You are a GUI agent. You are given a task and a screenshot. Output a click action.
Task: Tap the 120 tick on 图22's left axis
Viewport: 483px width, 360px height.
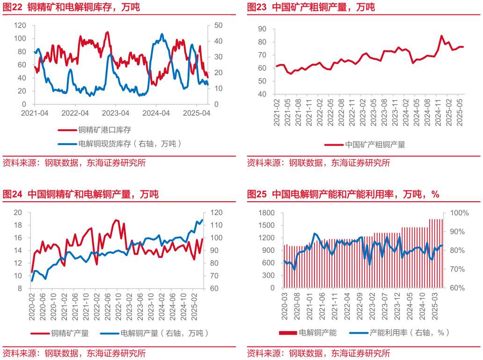[x=21, y=25]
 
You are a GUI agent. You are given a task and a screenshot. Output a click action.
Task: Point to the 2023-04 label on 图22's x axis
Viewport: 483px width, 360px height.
[x=116, y=113]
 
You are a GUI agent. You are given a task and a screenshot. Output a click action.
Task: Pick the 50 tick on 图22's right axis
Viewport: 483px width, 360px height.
[x=218, y=25]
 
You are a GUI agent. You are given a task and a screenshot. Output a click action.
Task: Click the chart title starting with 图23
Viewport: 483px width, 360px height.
[x=311, y=7]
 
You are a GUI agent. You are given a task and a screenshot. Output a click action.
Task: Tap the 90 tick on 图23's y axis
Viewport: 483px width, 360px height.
[x=262, y=29]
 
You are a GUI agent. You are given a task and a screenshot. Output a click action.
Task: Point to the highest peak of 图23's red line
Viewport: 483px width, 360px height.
[x=441, y=36]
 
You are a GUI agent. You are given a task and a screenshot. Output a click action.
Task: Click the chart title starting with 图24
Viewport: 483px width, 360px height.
[x=80, y=194]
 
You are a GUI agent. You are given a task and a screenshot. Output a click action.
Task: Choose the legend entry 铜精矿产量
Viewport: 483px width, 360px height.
[x=70, y=333]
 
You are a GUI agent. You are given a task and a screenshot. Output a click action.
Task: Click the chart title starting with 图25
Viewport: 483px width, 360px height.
[x=343, y=194]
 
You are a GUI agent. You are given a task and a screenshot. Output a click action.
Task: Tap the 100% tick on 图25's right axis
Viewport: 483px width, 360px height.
[x=459, y=213]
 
